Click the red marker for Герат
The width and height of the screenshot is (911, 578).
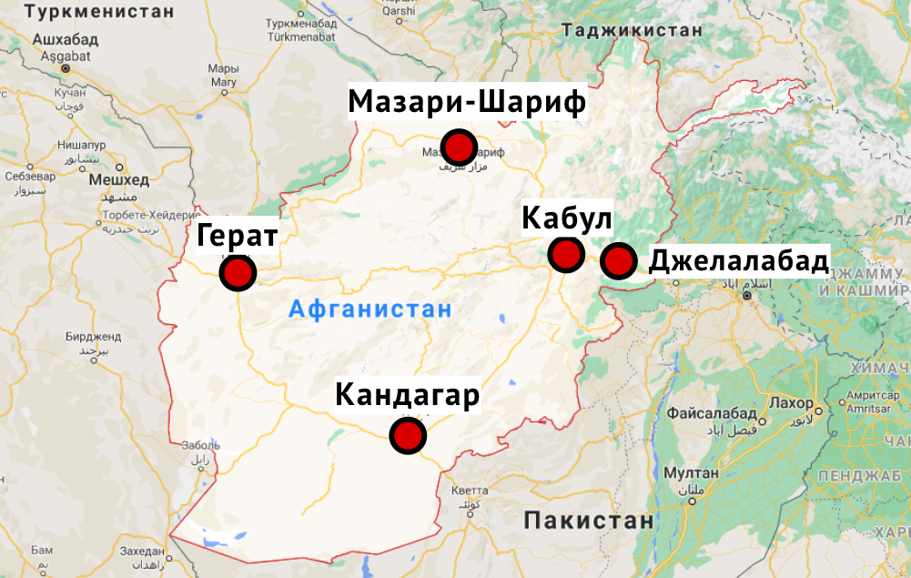click(x=238, y=272)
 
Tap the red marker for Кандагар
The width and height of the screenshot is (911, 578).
click(x=408, y=435)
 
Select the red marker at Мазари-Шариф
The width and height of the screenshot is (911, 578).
click(x=459, y=147)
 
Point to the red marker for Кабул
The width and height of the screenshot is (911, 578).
click(x=565, y=254)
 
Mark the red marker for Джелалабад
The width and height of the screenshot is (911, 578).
click(x=619, y=261)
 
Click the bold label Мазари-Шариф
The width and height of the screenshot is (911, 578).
click(x=467, y=101)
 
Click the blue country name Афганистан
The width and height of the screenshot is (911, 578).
click(x=370, y=309)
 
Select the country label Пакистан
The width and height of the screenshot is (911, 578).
click(x=589, y=521)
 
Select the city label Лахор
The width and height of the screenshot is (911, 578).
click(x=790, y=402)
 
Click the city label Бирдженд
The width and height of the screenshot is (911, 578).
click(x=88, y=336)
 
